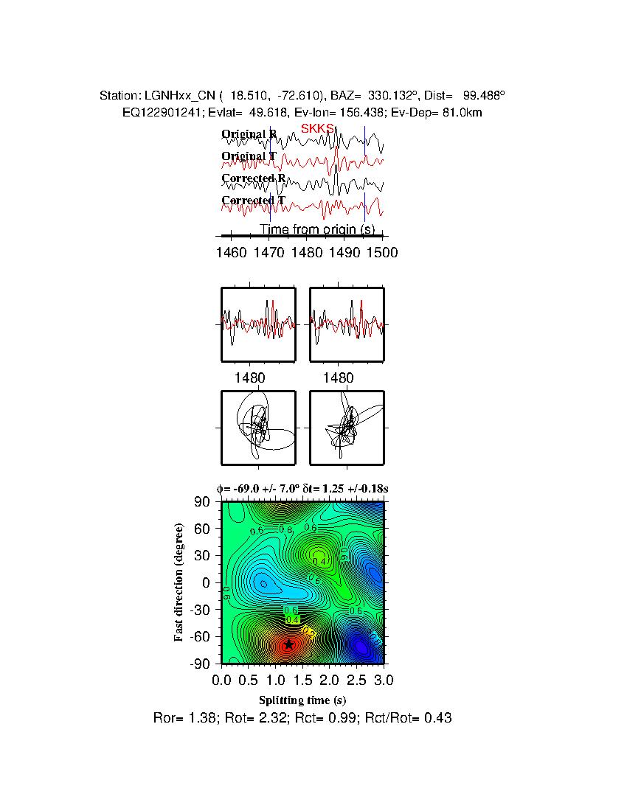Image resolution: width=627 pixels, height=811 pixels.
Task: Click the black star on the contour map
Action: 288,644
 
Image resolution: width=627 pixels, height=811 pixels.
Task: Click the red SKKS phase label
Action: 317,128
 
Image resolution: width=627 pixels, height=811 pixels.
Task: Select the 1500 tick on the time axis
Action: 382,252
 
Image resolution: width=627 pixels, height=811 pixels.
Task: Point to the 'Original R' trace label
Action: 249,134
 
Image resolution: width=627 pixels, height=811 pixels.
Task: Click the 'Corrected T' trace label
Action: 253,201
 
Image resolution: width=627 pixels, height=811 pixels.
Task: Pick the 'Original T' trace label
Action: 249,156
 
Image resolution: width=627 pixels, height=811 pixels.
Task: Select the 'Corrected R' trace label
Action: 253,178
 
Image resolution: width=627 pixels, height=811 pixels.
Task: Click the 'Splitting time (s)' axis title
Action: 302,700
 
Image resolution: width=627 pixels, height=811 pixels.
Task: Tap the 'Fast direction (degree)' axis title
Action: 179,582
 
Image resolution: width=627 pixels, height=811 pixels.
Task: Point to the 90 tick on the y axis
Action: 203,502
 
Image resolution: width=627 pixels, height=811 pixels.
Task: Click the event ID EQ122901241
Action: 161,112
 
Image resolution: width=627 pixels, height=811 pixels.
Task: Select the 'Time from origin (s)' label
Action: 317,230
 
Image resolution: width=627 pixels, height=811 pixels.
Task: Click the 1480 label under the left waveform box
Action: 249,377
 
